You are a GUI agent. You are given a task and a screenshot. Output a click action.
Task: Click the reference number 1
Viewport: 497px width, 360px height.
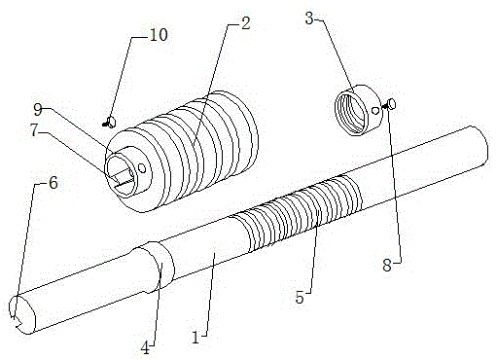point(195,338)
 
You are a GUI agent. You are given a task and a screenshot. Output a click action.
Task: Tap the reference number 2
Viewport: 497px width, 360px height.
point(245,23)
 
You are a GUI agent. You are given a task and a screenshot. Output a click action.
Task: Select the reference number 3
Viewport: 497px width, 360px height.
point(309,18)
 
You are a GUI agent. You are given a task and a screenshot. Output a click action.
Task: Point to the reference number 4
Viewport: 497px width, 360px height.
point(145,348)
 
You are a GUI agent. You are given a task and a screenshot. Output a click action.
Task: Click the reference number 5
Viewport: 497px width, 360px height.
point(300,297)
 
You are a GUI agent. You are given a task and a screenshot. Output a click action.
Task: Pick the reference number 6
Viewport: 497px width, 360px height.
point(53,183)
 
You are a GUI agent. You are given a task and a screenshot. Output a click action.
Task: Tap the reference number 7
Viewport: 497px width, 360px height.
point(35,130)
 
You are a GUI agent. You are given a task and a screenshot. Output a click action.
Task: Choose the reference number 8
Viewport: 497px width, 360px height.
point(387,266)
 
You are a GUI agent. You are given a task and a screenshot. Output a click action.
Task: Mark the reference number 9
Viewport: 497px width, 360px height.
point(38,110)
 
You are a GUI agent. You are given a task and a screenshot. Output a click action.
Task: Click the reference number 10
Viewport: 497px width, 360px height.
point(159,34)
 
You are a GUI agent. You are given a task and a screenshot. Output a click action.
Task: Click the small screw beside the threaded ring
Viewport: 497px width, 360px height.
point(389,104)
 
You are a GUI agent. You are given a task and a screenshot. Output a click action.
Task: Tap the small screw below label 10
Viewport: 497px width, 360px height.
point(110,123)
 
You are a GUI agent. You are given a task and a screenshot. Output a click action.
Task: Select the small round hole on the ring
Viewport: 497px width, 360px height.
point(375,110)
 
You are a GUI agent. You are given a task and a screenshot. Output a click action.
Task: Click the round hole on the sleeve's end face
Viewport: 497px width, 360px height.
point(142,168)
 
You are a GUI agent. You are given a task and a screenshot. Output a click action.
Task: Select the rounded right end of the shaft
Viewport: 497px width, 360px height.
point(479,146)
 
